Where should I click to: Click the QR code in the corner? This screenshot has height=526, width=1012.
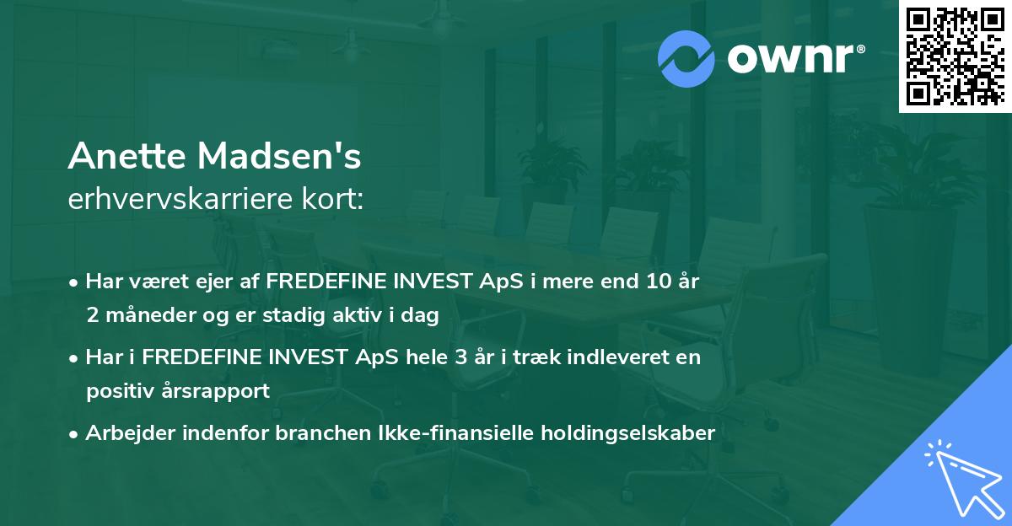(955, 56)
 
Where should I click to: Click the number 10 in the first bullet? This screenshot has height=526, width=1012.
(655, 282)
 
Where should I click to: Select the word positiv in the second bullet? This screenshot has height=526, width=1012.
(114, 391)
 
